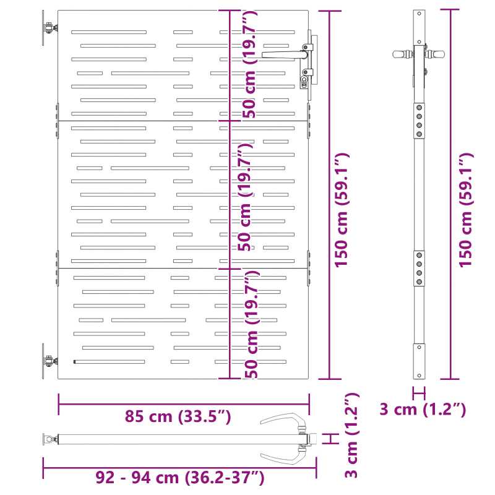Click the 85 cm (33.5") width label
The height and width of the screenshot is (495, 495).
[178, 416]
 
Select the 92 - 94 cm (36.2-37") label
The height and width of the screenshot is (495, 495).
[181, 477]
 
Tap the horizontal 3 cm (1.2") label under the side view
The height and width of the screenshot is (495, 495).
[422, 409]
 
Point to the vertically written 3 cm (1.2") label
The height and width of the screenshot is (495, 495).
[351, 436]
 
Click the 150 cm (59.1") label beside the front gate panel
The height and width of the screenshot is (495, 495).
[342, 210]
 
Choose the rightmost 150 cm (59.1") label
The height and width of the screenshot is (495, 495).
[466, 210]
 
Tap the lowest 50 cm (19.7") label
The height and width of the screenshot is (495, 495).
[249, 325]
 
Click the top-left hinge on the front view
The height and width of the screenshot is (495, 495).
[46, 28]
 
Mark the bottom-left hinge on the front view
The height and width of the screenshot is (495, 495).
[46, 361]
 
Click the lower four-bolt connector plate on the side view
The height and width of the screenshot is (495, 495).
[420, 268]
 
